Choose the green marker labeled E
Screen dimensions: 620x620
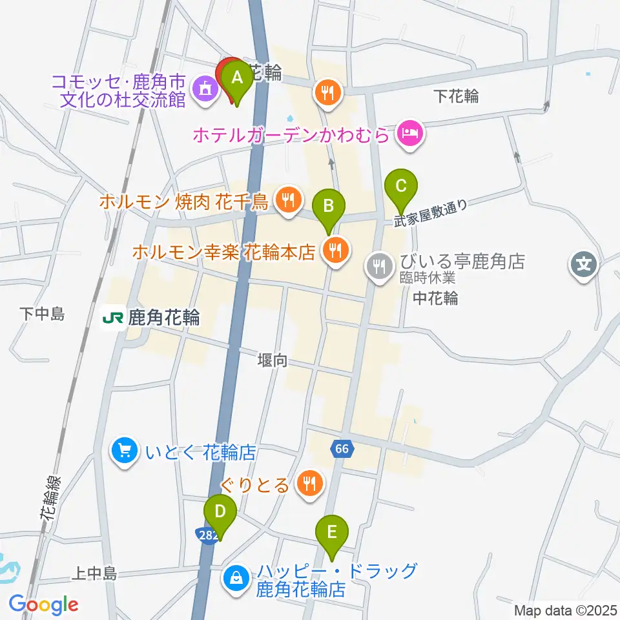click(332, 533)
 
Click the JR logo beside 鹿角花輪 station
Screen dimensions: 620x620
click(113, 318)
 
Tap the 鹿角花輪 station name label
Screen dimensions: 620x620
click(164, 318)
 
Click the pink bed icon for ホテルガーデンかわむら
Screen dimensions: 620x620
click(411, 134)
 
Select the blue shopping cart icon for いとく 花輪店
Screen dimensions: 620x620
click(124, 451)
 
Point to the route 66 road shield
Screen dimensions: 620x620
click(342, 448)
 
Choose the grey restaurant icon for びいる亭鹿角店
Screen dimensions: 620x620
click(379, 265)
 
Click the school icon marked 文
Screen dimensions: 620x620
click(583, 264)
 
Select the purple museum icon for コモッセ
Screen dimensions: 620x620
click(205, 88)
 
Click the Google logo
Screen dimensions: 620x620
click(43, 604)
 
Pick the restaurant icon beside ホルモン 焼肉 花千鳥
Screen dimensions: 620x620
click(287, 201)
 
